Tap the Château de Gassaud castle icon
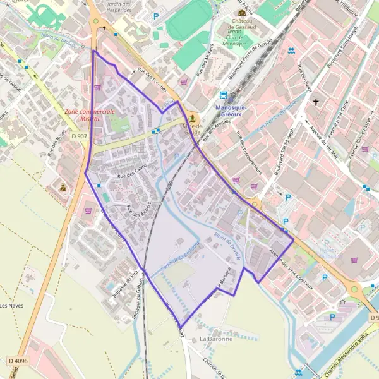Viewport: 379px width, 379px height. (241, 13)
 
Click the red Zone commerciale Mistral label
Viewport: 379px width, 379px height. (89, 115)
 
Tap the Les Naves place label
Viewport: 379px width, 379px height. (12, 306)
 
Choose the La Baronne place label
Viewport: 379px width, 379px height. (216, 339)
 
